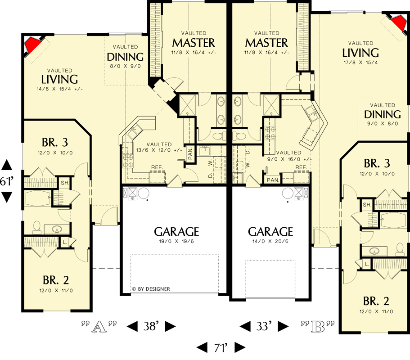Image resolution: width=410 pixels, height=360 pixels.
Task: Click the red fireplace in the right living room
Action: (x=398, y=22)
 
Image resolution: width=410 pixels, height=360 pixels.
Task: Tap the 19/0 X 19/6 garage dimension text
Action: (x=176, y=242)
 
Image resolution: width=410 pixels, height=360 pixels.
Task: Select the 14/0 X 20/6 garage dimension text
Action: (x=270, y=242)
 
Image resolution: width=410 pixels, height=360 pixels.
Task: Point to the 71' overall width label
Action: (x=221, y=347)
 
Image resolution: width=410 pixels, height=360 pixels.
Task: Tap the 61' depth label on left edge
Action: (x=6, y=181)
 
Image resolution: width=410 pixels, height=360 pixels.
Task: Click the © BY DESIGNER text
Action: (x=151, y=289)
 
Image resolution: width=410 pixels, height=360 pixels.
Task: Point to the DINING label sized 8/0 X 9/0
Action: (x=125, y=57)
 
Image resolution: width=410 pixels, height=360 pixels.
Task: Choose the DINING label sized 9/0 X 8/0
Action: (x=382, y=114)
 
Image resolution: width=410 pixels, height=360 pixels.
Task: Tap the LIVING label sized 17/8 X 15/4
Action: (x=360, y=53)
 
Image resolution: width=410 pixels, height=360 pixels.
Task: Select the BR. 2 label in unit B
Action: (x=376, y=301)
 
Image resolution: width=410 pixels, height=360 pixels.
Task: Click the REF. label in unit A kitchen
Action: (x=157, y=167)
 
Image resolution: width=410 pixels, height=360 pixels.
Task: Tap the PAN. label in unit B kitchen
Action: (x=272, y=180)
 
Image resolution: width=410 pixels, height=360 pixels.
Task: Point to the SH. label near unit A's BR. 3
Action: (x=64, y=183)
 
